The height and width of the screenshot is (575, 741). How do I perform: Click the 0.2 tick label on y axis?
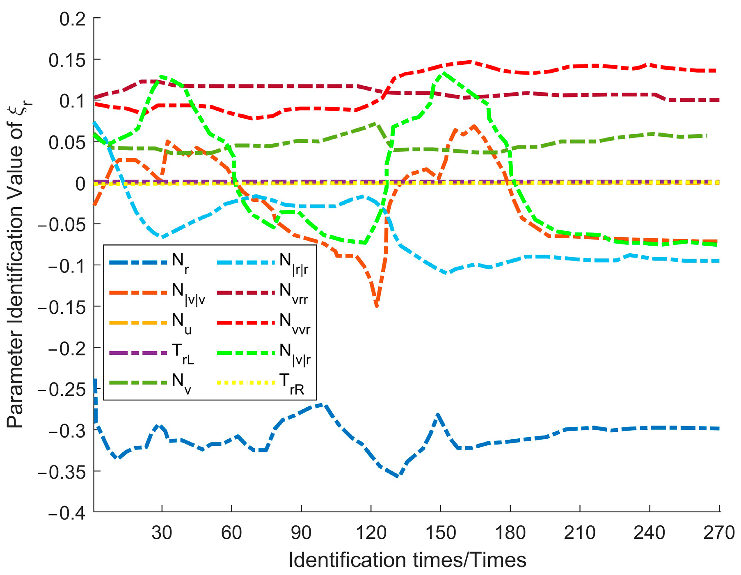pyautogui.click(x=73, y=19)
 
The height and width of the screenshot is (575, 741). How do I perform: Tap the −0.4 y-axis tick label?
pyautogui.click(x=66, y=513)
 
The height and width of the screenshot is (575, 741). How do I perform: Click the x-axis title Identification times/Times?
pyautogui.click(x=407, y=560)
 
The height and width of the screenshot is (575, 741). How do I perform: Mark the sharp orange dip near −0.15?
pyautogui.click(x=377, y=306)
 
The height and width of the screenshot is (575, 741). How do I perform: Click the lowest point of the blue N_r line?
pyautogui.click(x=398, y=476)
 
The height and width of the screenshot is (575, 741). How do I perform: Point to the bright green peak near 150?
pyautogui.click(x=444, y=73)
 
